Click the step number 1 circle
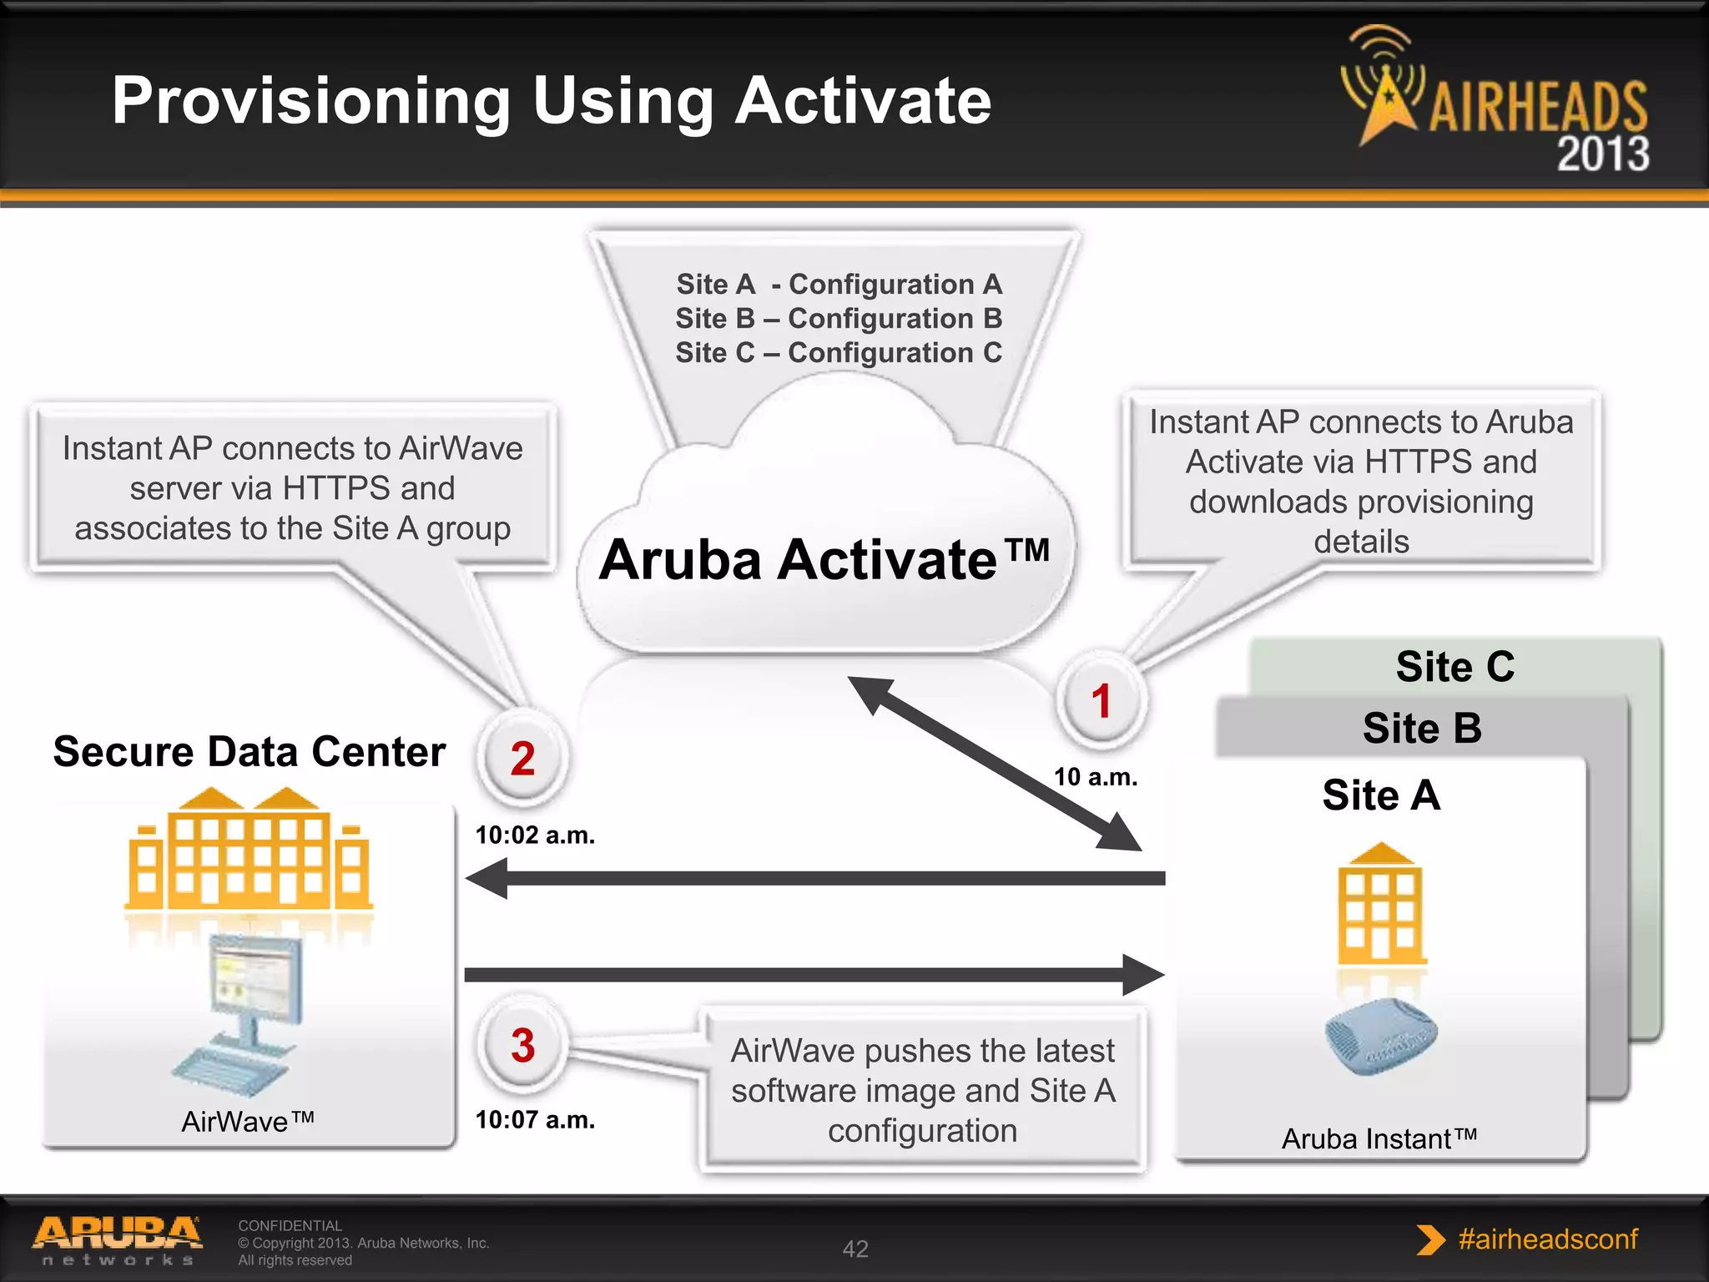point(1101,700)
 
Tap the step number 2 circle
point(522,759)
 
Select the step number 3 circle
point(522,1045)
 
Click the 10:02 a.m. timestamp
point(535,835)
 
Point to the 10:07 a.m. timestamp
point(535,1119)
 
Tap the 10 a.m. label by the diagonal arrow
point(1095,777)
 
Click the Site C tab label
point(1454,666)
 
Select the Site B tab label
point(1422,728)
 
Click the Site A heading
point(1381,795)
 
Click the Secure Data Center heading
point(249,751)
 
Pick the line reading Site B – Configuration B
point(839,318)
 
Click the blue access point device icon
point(1381,1036)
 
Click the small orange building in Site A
point(1381,906)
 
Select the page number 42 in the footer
point(855,1249)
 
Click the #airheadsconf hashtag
point(1547,1239)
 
